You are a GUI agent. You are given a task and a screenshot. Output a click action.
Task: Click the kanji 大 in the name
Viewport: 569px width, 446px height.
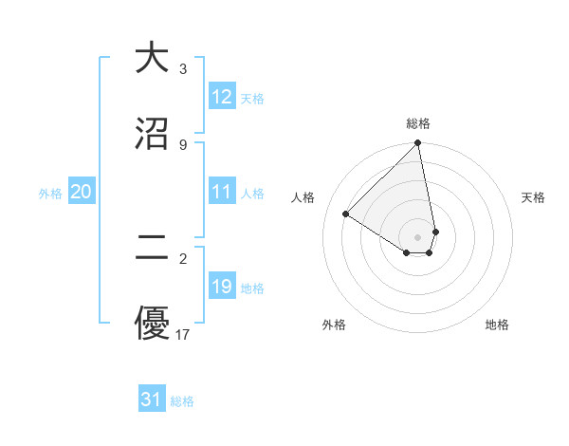click(152, 58)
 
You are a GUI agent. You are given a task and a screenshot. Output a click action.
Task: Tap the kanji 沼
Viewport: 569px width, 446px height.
click(152, 134)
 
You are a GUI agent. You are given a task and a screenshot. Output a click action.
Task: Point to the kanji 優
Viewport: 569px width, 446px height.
click(152, 325)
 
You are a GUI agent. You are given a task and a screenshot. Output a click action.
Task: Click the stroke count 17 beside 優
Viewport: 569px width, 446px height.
click(183, 334)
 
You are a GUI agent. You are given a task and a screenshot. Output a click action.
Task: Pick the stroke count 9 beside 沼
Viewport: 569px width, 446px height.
click(183, 144)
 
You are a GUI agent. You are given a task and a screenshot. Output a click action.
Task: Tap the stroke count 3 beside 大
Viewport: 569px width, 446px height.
click(183, 68)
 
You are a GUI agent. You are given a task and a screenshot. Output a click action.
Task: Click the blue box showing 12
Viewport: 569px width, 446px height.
click(222, 97)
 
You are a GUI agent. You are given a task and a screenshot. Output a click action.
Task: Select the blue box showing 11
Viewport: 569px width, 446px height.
click(222, 193)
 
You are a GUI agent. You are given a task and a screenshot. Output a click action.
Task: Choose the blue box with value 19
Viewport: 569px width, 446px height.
click(222, 287)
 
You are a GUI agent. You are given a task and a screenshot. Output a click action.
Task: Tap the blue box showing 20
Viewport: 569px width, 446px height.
click(81, 193)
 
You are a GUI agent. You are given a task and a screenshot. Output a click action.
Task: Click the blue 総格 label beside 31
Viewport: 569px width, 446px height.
click(182, 401)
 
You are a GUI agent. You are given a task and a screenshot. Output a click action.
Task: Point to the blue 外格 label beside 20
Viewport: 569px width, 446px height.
click(50, 194)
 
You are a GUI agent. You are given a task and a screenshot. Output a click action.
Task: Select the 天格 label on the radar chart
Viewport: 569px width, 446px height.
click(533, 197)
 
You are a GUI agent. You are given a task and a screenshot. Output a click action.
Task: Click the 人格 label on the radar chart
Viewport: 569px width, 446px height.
click(303, 197)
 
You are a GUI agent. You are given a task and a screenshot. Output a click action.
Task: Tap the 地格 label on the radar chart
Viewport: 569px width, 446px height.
click(497, 325)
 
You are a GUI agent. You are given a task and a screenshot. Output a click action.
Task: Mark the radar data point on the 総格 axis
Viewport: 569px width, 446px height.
click(418, 143)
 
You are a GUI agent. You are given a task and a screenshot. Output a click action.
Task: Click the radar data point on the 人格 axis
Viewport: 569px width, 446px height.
click(346, 214)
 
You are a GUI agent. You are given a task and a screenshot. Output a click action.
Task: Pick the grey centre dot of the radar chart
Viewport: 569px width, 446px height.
click(418, 236)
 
